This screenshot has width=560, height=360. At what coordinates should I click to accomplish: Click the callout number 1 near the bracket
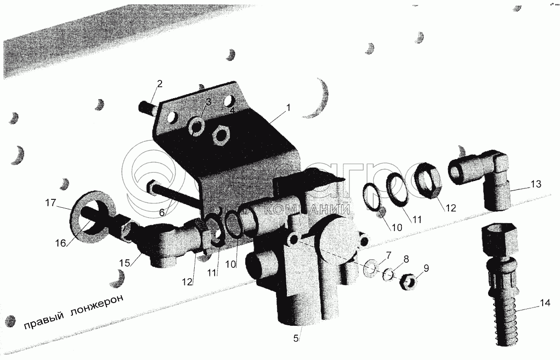(288, 108)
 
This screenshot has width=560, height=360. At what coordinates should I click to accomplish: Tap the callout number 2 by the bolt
(160, 84)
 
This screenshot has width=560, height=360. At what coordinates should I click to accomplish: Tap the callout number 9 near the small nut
(427, 268)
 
